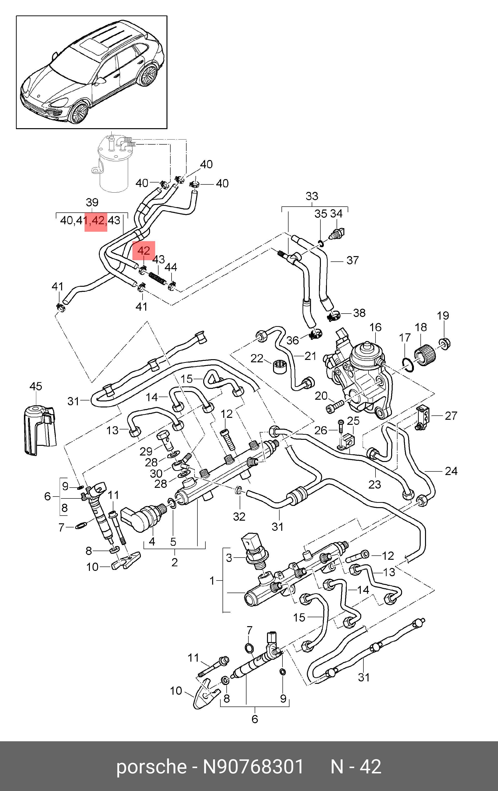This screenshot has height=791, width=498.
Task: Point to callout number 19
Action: pyautogui.click(x=443, y=316)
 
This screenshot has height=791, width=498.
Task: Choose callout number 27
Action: pyautogui.click(x=451, y=416)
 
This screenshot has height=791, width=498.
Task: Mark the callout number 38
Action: pyautogui.click(x=359, y=313)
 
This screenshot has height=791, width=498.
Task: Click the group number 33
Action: pyautogui.click(x=312, y=196)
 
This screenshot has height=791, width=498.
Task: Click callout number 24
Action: pyautogui.click(x=451, y=471)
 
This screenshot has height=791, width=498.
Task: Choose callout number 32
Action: pyautogui.click(x=239, y=517)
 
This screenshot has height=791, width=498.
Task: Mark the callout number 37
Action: pyautogui.click(x=352, y=260)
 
